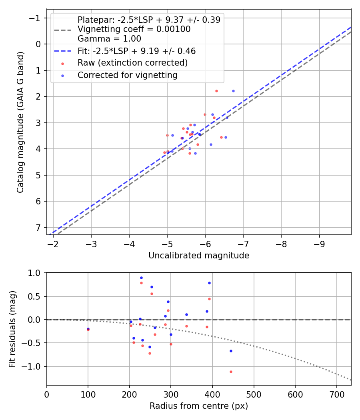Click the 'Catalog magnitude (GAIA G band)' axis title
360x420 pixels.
pos(20,122)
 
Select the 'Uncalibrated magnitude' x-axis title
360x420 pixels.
pos(199,256)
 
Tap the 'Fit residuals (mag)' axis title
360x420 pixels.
pos(12,329)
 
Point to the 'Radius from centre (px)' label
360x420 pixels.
pos(199,406)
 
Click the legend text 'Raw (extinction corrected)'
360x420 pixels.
pos(132,63)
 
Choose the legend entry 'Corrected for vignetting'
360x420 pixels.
pos(128,75)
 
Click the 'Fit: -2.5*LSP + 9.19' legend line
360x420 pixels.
pos(63,51)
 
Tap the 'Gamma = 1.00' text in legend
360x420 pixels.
pos(109,39)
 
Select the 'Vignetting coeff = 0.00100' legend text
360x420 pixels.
pos(134,29)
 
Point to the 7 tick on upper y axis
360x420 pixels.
pos(38,228)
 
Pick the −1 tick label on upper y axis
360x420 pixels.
pos(34,18)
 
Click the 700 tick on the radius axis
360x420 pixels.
pos(337,394)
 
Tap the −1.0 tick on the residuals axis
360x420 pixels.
pos(32,366)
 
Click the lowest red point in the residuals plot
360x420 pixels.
pos(231,372)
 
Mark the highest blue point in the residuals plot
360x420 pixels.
pos(142,278)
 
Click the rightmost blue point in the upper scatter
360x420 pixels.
pos(233,91)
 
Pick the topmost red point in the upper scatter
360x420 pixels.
pos(216,91)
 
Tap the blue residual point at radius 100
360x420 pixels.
pos(88,329)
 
